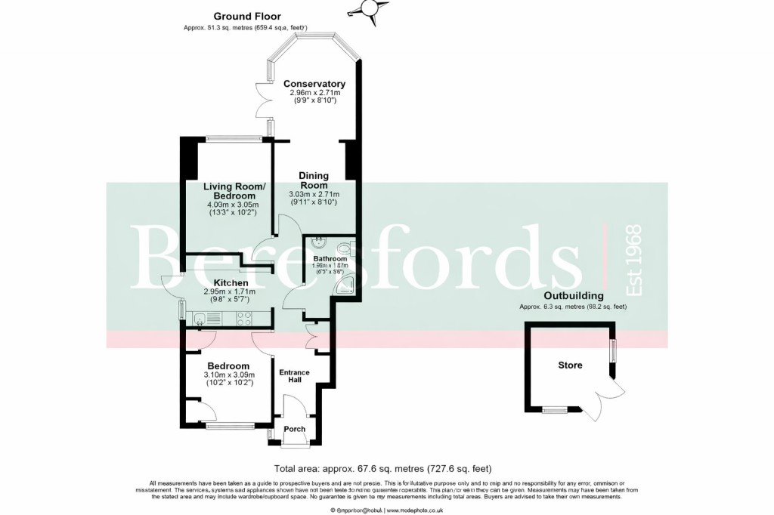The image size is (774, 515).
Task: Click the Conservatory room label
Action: pos(314,84)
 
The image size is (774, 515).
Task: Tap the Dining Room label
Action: pos(313,180)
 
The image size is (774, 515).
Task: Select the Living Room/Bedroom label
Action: pos(234,191)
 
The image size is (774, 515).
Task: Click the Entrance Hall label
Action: pos(295,376)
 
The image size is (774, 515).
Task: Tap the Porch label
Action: pos(295,429)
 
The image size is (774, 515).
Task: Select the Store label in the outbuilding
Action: pos(570,365)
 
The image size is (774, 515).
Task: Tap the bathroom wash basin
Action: pos(317,244)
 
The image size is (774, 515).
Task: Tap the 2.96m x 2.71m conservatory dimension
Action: pos(314,93)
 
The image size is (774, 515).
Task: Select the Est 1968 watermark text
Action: pos(631,261)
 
